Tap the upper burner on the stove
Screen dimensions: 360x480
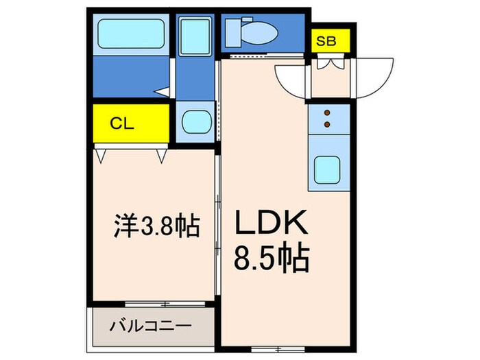pyautogui.click(x=327, y=112)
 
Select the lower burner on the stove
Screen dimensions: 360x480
pyautogui.click(x=327, y=124)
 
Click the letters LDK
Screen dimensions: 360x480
pyautogui.click(x=273, y=225)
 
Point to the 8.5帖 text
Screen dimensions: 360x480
pyautogui.click(x=273, y=259)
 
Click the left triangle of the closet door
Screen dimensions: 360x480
pyautogui.click(x=101, y=156)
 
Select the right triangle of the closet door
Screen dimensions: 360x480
pyautogui.click(x=162, y=156)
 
